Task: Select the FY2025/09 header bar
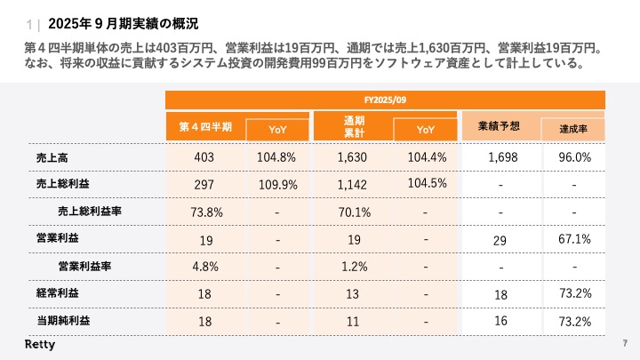pyautogui.click(x=385, y=100)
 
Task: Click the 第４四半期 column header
pyautogui.click(x=205, y=127)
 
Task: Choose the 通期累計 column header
pyautogui.click(x=354, y=126)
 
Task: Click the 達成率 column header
pyautogui.click(x=575, y=130)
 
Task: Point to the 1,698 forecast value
pyautogui.click(x=502, y=157)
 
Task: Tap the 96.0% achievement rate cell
pyautogui.click(x=575, y=157)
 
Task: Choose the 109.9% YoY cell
pyautogui.click(x=277, y=184)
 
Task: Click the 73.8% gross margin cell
pyautogui.click(x=206, y=212)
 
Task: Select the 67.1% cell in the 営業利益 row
pyautogui.click(x=575, y=240)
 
